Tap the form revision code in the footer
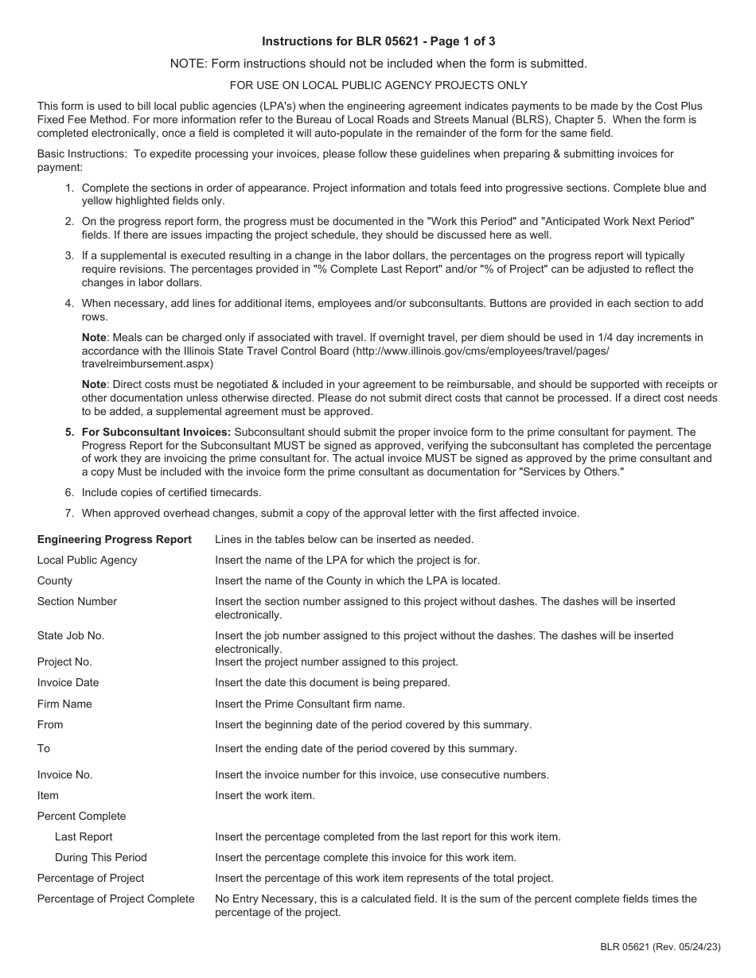(661, 946)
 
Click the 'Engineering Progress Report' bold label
(115, 540)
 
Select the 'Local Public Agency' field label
(87, 561)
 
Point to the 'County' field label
(55, 581)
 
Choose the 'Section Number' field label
(77, 602)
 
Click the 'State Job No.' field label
(71, 635)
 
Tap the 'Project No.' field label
(64, 662)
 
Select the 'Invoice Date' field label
(68, 682)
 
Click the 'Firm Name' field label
(64, 704)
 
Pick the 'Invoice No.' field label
(65, 774)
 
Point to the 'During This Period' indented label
(101, 857)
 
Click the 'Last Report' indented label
(84, 836)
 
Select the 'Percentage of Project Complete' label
(116, 898)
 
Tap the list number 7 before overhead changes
(69, 514)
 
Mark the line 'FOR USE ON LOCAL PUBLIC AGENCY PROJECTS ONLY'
(378, 85)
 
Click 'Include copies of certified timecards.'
(171, 493)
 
